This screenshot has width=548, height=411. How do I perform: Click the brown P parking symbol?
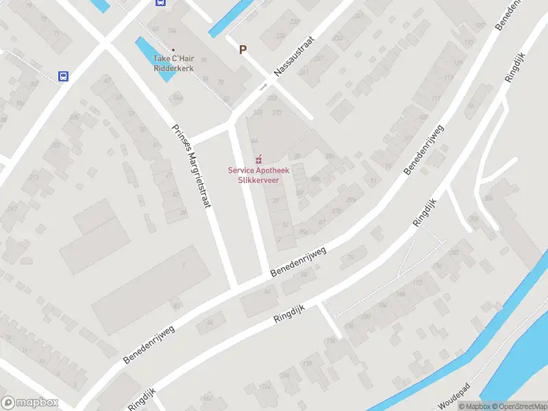242,49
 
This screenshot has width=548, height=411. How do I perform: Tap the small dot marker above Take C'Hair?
173,49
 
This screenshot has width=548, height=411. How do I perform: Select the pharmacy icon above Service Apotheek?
258,160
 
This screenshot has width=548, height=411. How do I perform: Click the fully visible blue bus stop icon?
64,77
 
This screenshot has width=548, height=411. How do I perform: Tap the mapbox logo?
29,403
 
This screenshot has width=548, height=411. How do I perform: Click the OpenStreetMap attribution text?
519,406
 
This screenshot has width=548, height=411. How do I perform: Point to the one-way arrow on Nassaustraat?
263,87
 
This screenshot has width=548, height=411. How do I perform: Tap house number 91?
373,181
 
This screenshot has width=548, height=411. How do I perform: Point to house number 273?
277,112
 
